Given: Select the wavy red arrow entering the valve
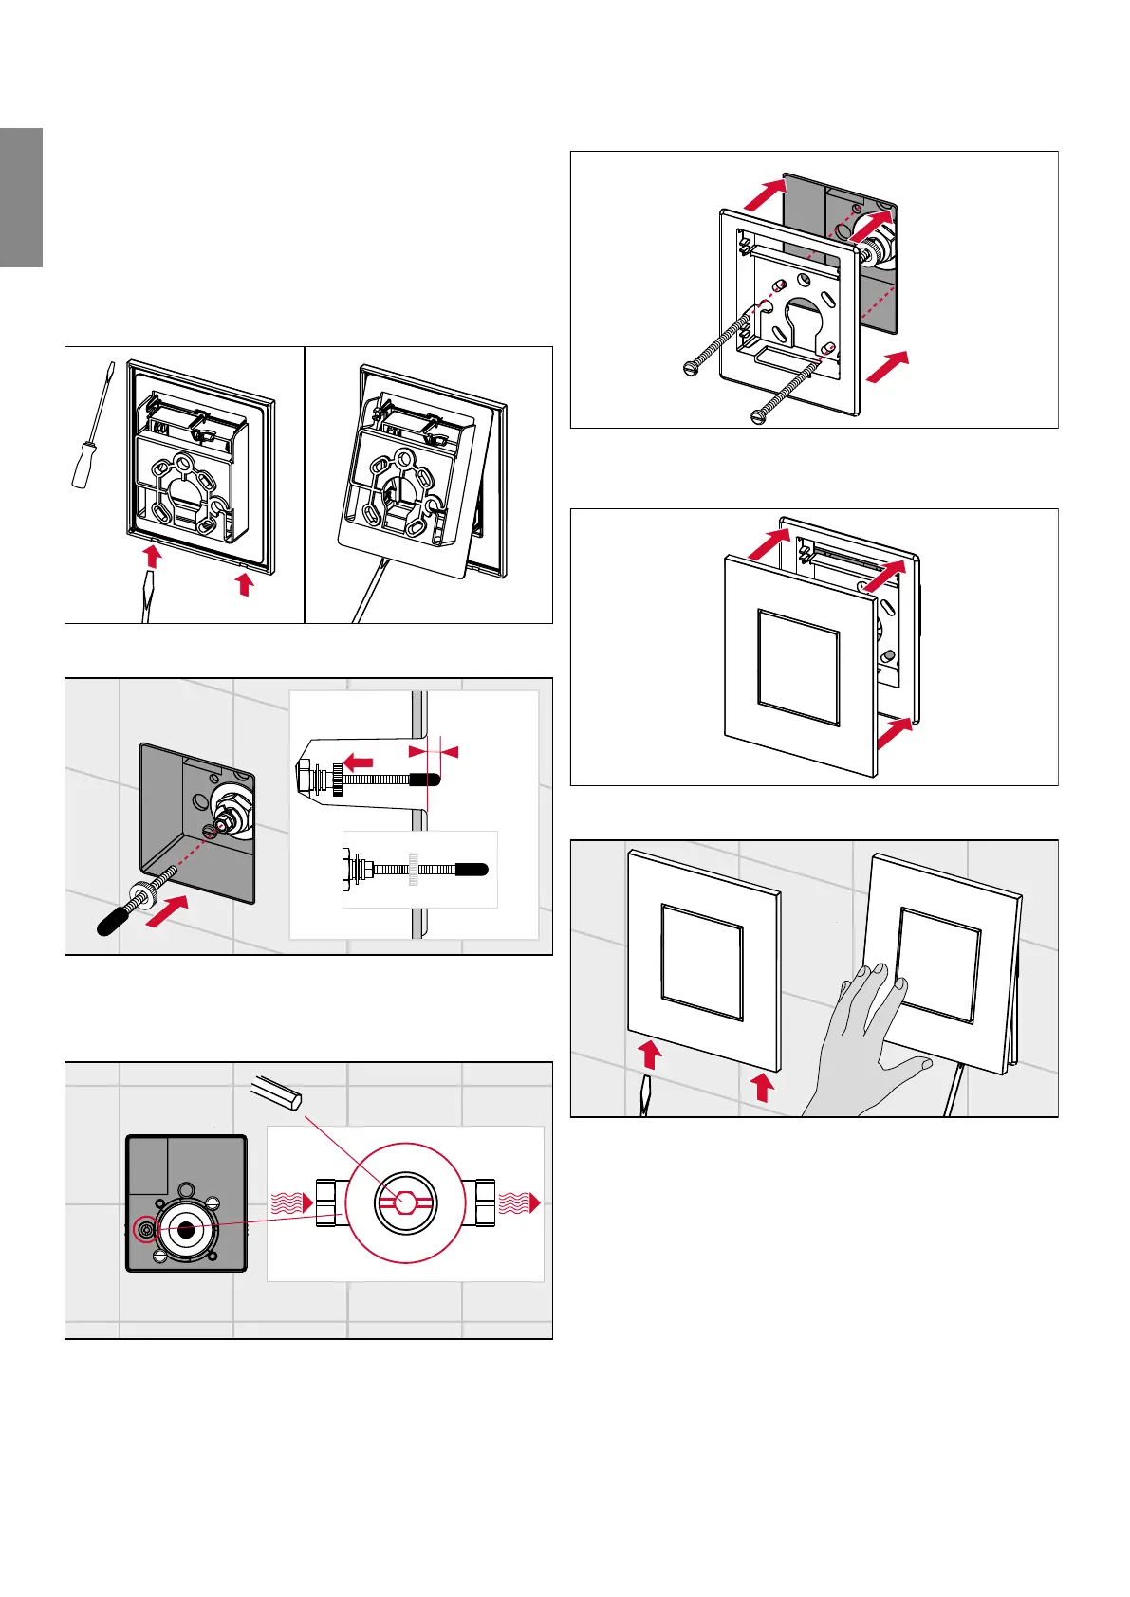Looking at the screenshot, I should coord(292,1203).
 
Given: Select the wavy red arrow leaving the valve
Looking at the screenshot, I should coord(519,1202).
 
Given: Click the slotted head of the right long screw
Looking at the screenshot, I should coord(758,414).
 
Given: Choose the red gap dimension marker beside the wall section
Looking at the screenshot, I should coord(434,752).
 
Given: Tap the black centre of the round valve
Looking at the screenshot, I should coord(186,1229).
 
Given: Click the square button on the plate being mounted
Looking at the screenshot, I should coord(798,668).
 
